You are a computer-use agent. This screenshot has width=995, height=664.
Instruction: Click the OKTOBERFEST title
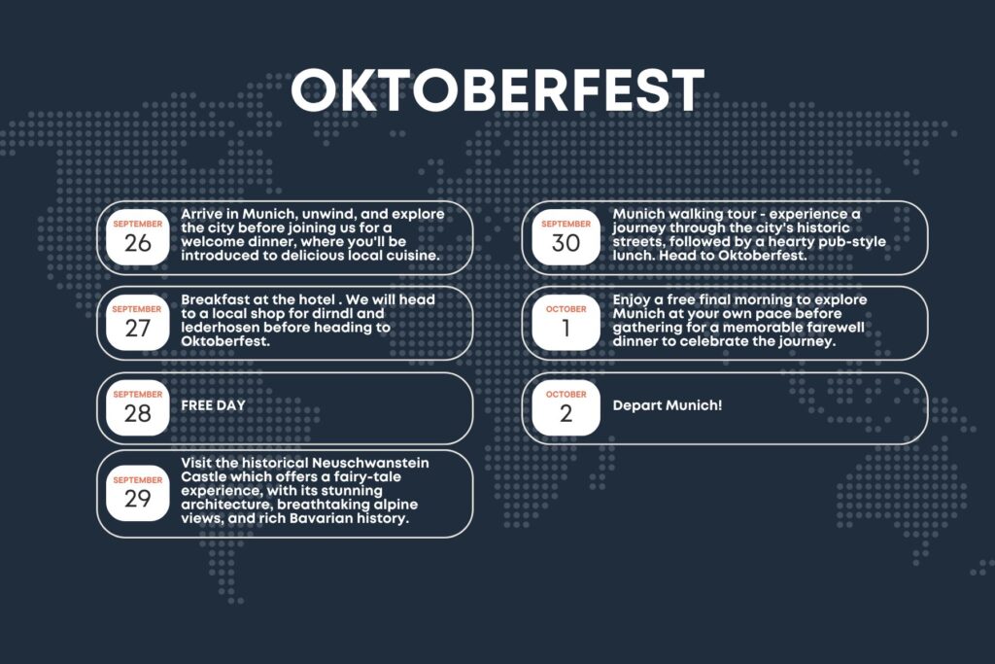click(497, 90)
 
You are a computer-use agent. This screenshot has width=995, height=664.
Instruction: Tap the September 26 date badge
click(138, 237)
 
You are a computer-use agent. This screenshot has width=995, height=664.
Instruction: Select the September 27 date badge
click(137, 323)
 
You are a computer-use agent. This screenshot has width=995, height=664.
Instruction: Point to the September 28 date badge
click(138, 407)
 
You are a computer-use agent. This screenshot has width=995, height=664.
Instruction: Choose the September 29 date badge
click(138, 493)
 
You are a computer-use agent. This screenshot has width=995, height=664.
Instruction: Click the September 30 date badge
click(566, 237)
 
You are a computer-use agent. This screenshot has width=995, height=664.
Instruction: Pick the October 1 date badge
click(566, 323)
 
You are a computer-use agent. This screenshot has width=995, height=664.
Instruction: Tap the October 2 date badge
click(566, 407)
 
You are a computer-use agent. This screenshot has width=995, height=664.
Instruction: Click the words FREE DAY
click(213, 405)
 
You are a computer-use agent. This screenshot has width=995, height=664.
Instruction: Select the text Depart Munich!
click(667, 405)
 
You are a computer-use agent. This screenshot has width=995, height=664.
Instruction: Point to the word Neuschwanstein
click(370, 464)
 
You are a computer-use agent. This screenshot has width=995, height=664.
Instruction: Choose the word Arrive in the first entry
click(202, 214)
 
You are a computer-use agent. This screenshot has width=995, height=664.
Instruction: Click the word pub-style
click(852, 242)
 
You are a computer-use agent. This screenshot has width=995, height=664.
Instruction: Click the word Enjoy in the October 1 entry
click(632, 300)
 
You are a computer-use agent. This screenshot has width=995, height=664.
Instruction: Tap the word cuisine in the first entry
click(413, 256)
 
